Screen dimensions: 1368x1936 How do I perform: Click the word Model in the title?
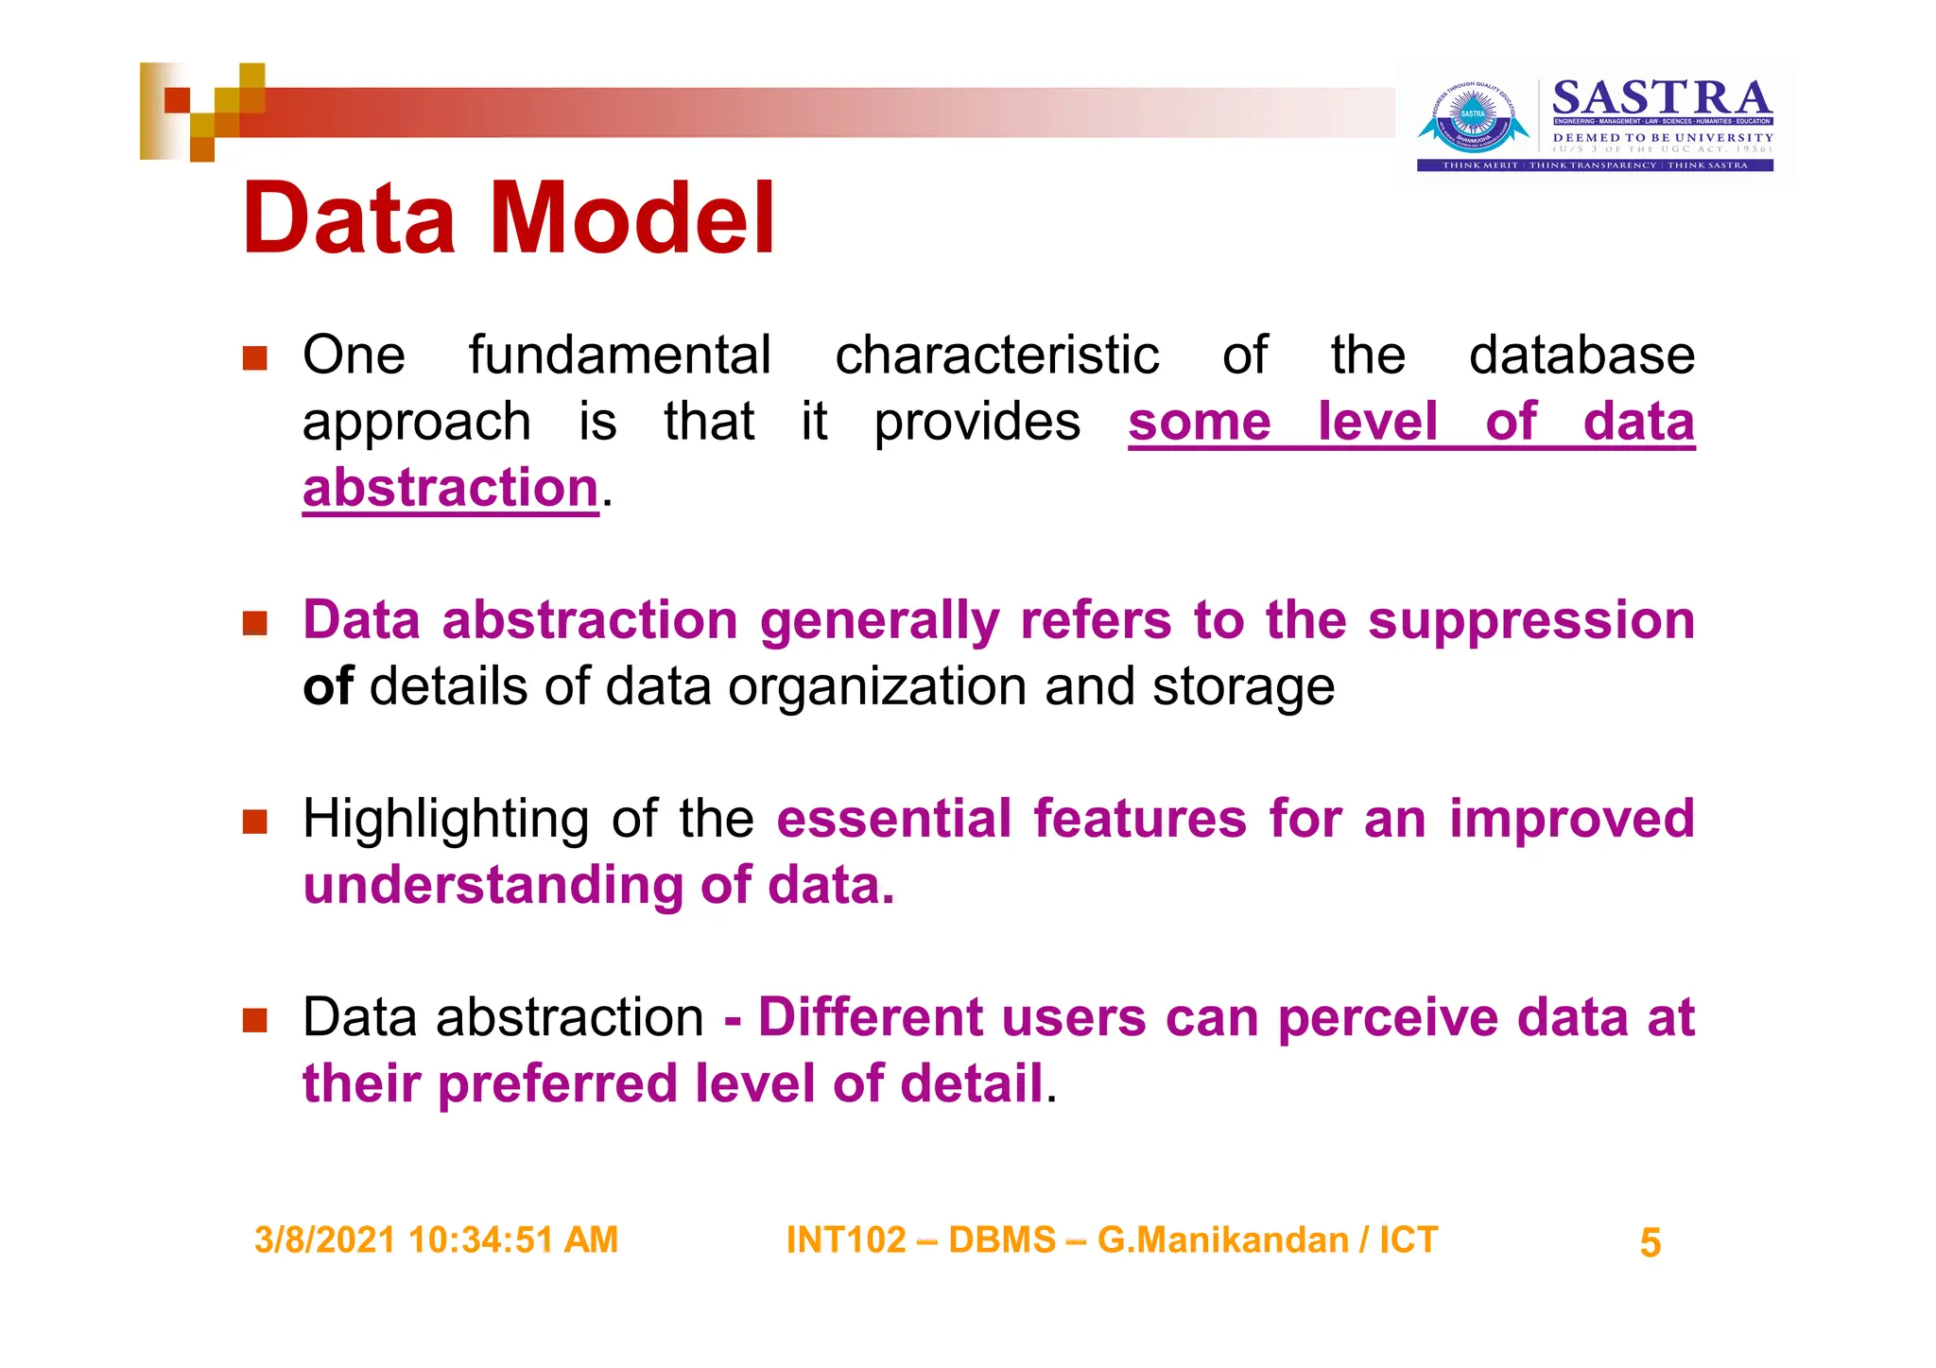point(631,219)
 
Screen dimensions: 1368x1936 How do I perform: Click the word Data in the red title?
point(349,219)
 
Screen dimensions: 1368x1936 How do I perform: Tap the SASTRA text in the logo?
point(1661,97)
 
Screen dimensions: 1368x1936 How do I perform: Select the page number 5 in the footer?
point(1650,1242)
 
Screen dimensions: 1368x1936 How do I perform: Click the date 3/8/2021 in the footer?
point(325,1239)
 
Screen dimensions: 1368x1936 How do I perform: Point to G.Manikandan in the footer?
point(1222,1239)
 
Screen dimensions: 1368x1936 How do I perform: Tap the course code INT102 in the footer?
point(846,1239)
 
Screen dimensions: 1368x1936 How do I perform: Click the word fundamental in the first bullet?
point(620,355)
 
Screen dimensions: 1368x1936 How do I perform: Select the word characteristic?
point(996,355)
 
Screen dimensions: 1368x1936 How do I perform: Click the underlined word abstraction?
point(450,488)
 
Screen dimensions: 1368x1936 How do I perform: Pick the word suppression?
point(1530,622)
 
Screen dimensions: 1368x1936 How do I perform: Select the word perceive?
point(1387,1019)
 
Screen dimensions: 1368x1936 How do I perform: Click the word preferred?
point(557,1083)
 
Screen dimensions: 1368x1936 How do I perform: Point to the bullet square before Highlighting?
point(254,822)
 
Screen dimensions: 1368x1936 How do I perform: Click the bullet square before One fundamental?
point(254,358)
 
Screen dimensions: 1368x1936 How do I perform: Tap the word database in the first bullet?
point(1581,355)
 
